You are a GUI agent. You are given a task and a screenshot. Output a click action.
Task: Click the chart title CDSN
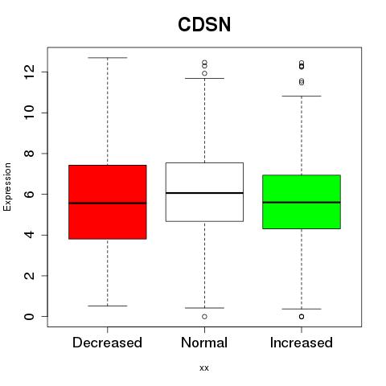(x=204, y=25)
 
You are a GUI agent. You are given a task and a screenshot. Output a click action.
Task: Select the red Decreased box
(x=108, y=202)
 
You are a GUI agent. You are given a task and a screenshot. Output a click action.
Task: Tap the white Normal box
(x=204, y=192)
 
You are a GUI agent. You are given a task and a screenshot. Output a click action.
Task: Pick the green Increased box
(x=302, y=202)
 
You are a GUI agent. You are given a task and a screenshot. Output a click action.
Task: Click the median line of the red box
(x=108, y=203)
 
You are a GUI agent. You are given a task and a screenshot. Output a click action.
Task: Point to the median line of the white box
(x=204, y=193)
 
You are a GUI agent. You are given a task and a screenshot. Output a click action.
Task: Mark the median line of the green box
(x=302, y=203)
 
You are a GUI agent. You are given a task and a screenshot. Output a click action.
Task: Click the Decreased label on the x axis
(x=107, y=343)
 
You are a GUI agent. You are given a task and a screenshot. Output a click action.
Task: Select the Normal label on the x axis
(x=204, y=343)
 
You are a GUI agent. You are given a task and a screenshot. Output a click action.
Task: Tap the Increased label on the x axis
(x=302, y=343)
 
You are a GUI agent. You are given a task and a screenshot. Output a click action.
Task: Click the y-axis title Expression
(x=7, y=187)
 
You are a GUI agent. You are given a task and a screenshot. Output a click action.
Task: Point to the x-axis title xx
(x=204, y=368)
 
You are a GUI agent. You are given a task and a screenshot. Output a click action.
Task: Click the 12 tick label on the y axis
(x=29, y=72)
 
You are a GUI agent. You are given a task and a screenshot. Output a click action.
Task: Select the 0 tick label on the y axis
(x=29, y=316)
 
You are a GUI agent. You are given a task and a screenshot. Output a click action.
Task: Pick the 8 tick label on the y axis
(x=29, y=154)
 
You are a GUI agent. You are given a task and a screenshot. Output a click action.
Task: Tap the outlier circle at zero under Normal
(x=204, y=317)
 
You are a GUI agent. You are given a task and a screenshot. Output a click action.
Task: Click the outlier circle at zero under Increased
(x=302, y=317)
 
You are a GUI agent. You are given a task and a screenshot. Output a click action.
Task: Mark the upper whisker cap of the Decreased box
(x=108, y=58)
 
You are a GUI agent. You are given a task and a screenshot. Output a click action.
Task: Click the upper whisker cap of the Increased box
(x=302, y=96)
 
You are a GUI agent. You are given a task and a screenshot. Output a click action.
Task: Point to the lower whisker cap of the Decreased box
(x=108, y=306)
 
